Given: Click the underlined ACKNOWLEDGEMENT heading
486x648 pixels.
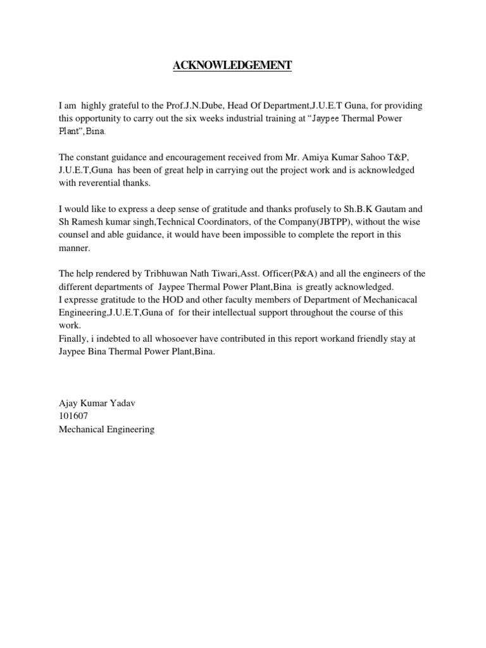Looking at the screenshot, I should tap(232, 66).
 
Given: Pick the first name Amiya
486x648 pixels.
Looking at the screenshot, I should tap(312, 157).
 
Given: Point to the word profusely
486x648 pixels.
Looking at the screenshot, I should tap(316, 209).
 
